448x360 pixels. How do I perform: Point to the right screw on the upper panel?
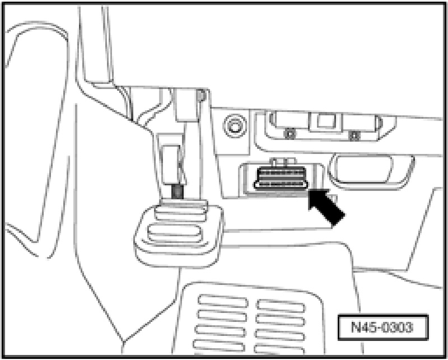(353, 134)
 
